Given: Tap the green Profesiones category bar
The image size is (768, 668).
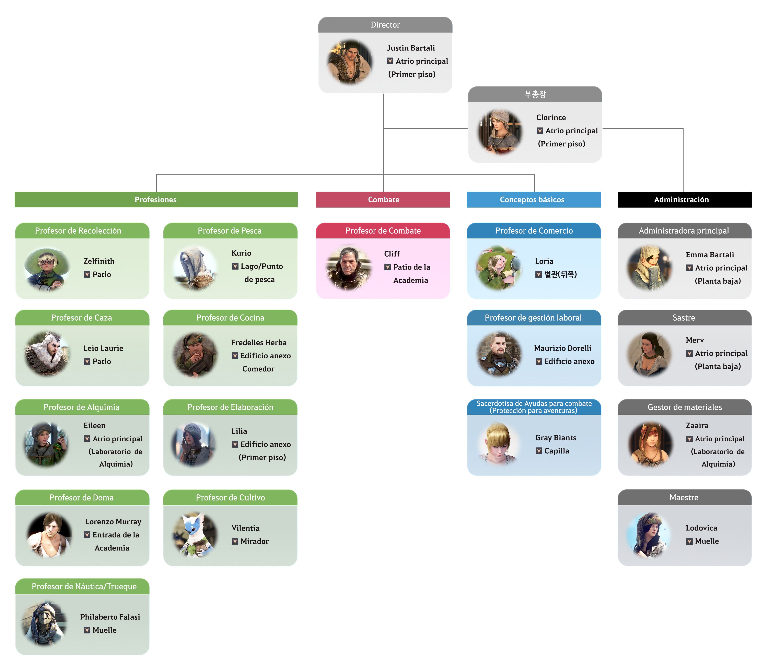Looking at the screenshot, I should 156,199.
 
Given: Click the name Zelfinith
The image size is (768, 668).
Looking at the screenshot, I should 99,261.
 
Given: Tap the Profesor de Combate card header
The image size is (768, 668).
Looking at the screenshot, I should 383,231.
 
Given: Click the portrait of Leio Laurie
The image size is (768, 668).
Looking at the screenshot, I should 47,354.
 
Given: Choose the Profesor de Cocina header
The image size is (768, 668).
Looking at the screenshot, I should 230,318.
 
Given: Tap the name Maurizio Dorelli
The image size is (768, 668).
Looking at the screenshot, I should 562,348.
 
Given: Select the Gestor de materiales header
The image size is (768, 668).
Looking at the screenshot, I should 684,407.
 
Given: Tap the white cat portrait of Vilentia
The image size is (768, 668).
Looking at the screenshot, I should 194,535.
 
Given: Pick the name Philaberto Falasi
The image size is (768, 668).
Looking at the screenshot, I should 110,617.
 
